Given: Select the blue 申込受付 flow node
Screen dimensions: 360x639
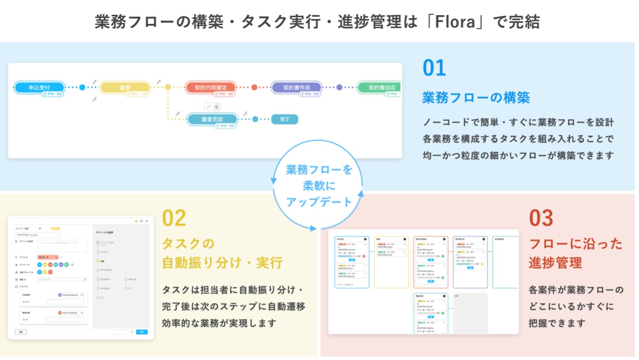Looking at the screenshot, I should (x=39, y=88).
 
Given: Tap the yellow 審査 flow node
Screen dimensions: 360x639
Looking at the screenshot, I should (x=125, y=88).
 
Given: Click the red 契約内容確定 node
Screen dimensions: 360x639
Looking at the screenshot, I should (x=210, y=88).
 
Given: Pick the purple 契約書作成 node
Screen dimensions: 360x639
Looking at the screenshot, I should (x=296, y=88).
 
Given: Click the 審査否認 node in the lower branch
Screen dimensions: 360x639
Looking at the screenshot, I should (x=212, y=119).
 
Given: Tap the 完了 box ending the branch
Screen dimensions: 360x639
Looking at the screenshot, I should (x=285, y=119).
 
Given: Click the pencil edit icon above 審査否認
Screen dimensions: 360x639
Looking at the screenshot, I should (x=208, y=107).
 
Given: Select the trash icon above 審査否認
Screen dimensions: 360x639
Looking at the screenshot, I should (x=216, y=107).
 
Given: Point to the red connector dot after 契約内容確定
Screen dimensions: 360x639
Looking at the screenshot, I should (x=254, y=88).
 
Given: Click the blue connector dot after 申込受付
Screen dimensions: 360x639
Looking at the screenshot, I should (x=82, y=88).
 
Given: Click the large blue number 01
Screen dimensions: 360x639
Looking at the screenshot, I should (x=434, y=68).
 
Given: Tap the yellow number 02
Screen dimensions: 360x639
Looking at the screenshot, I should (x=174, y=218).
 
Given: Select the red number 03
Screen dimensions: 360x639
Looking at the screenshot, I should (x=541, y=218).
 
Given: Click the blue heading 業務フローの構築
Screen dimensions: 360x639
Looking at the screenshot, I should (x=476, y=98).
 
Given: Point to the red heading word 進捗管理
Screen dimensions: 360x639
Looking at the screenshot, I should (x=555, y=263).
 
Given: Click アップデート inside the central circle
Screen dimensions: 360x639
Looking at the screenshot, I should (x=319, y=202).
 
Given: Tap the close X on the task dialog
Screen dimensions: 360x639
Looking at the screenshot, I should (x=146, y=221).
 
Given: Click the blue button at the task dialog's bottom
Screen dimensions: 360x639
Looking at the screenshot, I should (x=142, y=332).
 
